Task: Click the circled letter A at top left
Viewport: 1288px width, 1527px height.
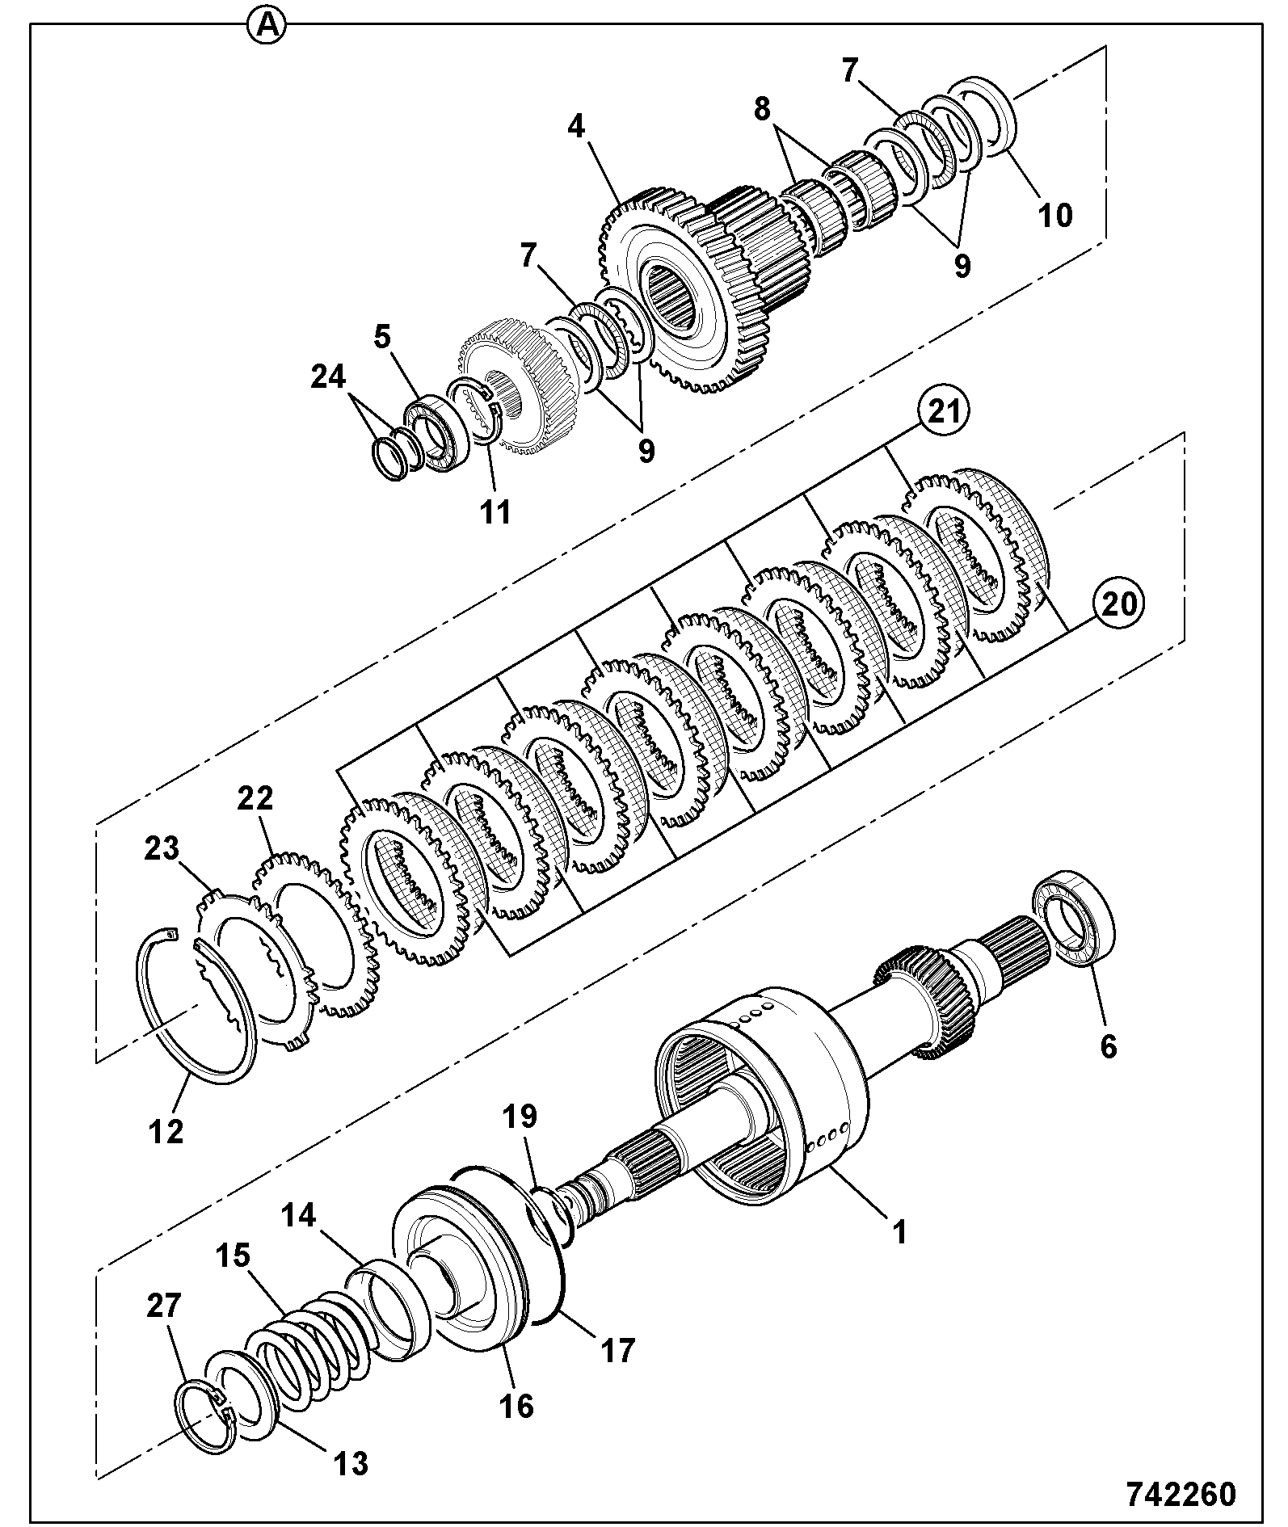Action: [267, 26]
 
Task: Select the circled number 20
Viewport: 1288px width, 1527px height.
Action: [1119, 603]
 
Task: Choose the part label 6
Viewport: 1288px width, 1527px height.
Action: [1108, 1047]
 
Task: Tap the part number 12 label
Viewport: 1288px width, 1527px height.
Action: [166, 1131]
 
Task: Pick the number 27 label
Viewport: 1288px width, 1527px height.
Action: [163, 1306]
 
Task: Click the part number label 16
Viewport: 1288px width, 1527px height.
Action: [516, 1406]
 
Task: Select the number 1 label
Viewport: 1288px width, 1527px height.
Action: [899, 1232]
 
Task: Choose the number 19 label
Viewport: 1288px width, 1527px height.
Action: [520, 1117]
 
